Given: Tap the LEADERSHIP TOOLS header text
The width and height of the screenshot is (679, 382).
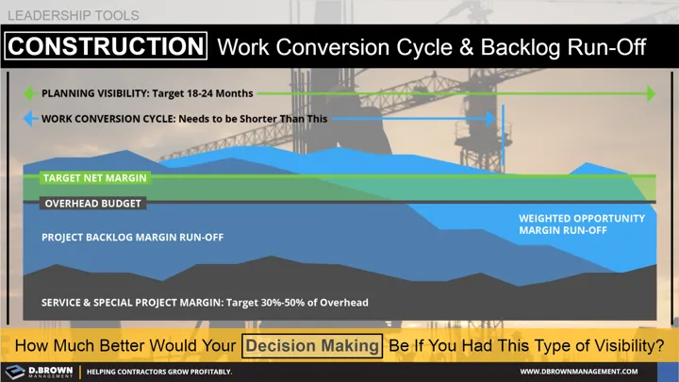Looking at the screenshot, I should pos(73,15).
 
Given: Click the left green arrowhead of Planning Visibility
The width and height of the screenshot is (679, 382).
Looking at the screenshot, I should pos(30,94).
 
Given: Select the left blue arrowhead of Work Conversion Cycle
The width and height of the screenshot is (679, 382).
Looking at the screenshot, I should pos(30,119).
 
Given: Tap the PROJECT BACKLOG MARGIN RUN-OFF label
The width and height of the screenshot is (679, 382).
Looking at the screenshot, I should pos(132,237).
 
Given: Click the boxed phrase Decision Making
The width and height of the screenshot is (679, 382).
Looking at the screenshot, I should pos(312,345).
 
